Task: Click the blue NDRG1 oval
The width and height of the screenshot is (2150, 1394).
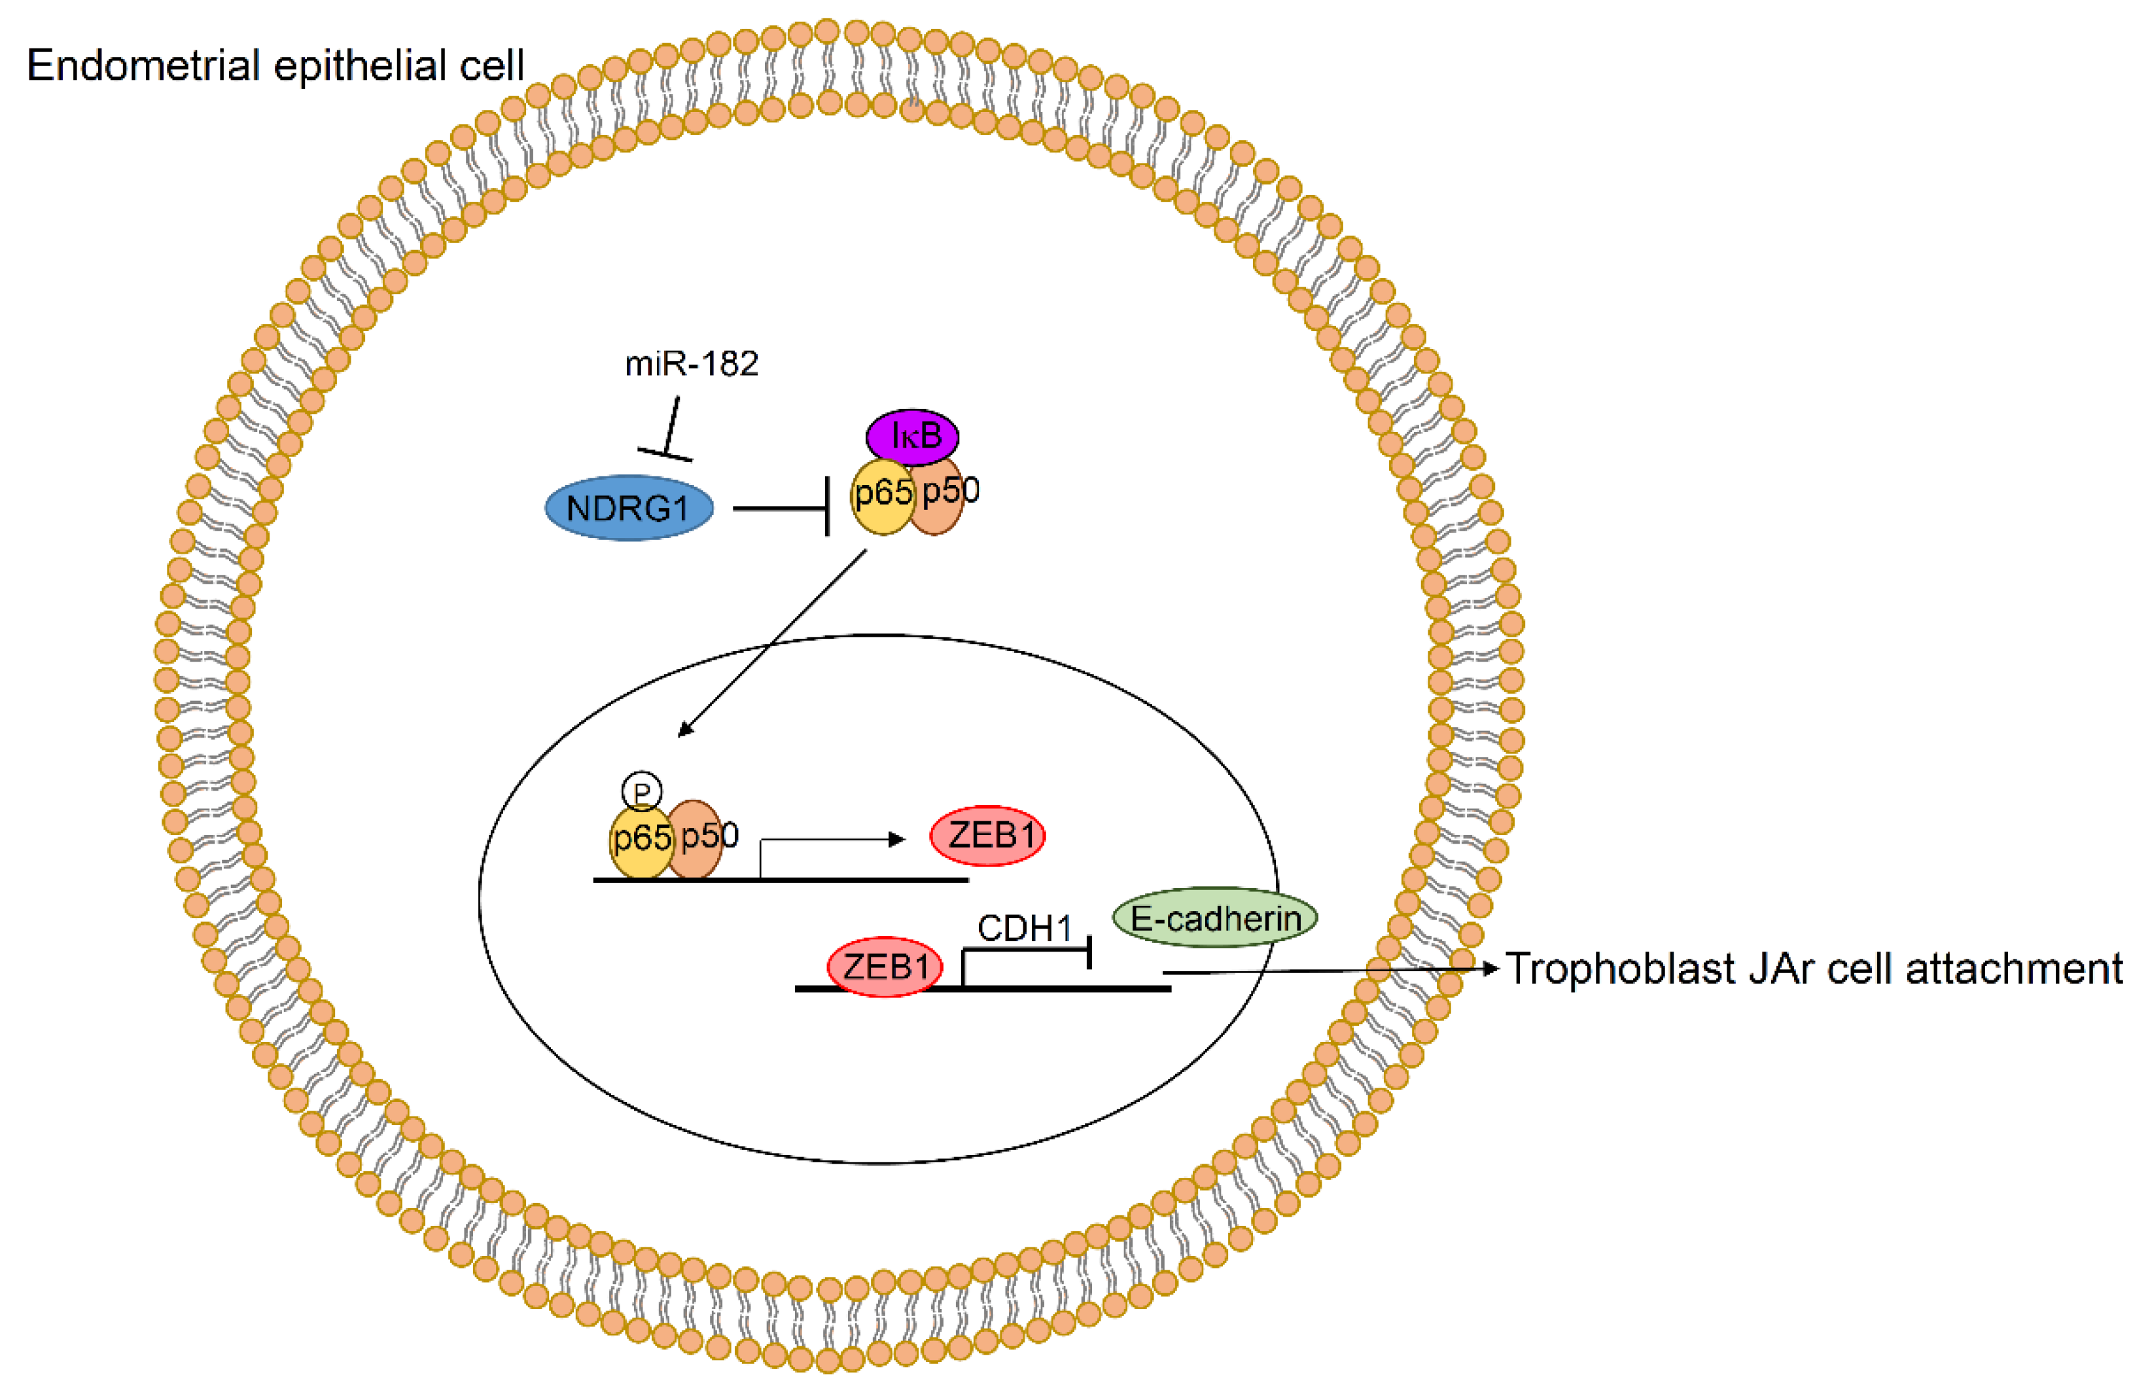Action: [x=628, y=508]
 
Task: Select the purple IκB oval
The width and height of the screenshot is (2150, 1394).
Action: [x=912, y=437]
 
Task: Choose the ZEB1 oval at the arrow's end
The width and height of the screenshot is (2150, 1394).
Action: [x=988, y=836]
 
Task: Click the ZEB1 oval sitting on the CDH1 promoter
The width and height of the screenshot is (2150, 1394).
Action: [x=885, y=967]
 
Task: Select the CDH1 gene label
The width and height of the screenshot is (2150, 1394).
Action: [x=1025, y=928]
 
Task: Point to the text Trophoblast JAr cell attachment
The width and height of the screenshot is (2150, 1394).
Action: [x=1814, y=969]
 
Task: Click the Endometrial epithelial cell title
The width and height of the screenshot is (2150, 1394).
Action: [x=275, y=65]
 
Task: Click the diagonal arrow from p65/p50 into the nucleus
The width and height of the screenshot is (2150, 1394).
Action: [x=771, y=643]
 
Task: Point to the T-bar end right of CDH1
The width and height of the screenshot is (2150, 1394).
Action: [x=1089, y=952]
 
